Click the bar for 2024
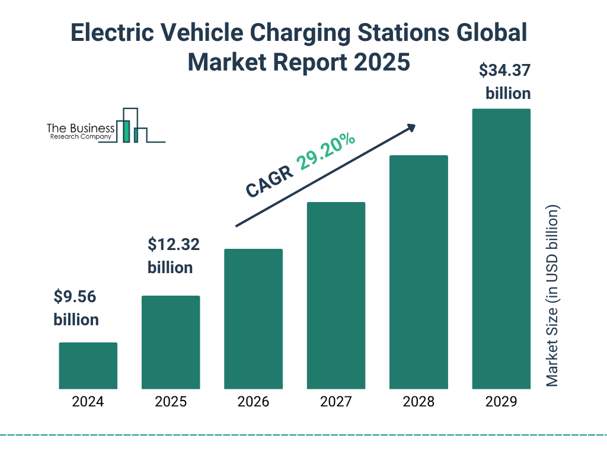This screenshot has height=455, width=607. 88,366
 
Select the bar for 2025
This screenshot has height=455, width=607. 171,342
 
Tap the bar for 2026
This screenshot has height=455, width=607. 253,319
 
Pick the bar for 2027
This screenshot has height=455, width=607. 336,295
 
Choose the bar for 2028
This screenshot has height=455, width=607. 418,272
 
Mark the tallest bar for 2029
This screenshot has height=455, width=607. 501,249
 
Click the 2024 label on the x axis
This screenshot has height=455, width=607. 88,402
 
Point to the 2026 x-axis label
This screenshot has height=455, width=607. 253,402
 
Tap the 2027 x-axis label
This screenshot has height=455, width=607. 336,402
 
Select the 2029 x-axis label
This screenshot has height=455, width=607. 501,402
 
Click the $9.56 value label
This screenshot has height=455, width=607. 75,296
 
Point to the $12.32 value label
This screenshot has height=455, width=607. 170,243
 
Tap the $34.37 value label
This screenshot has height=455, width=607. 504,71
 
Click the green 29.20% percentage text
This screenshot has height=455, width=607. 326,152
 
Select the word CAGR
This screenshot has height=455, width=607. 269,182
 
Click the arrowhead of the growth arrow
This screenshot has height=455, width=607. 410,128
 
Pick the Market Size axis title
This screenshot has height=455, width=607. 552,296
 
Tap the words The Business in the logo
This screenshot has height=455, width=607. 81,129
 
